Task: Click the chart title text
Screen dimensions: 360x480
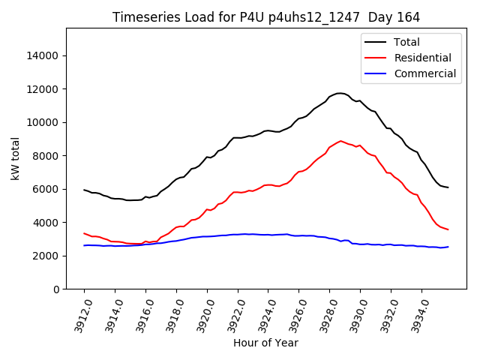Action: [x=265, y=17]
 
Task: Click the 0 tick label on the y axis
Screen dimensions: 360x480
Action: [x=56, y=289]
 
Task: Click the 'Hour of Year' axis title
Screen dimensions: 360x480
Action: [x=265, y=343]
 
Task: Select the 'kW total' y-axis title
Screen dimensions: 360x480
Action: [x=15, y=158]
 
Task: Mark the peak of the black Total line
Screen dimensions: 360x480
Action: [x=340, y=93]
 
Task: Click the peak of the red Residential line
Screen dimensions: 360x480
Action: [x=340, y=141]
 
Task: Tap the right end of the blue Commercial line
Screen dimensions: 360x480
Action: [x=448, y=247]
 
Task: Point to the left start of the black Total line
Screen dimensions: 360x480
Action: [x=84, y=190]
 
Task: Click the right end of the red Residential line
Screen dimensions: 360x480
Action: [x=448, y=229]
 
